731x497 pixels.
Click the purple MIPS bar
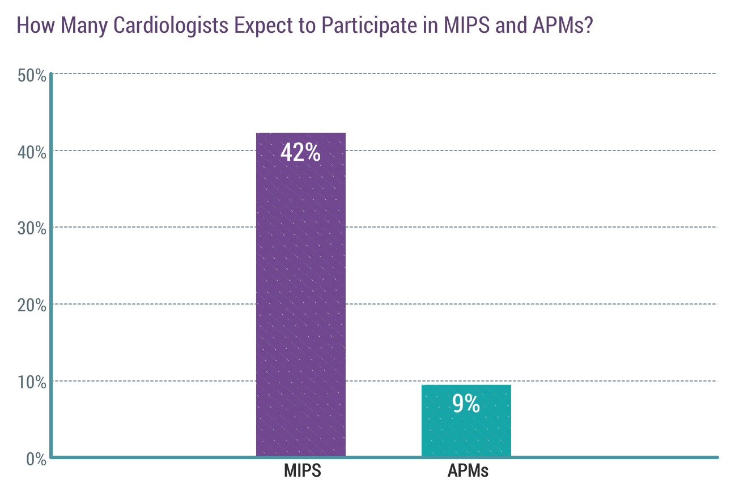click(300, 294)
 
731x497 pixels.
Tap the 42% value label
click(300, 153)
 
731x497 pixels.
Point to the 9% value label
click(466, 404)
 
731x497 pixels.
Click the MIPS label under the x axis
click(302, 471)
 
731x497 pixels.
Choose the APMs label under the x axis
click(467, 471)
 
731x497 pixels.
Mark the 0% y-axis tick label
click(36, 459)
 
